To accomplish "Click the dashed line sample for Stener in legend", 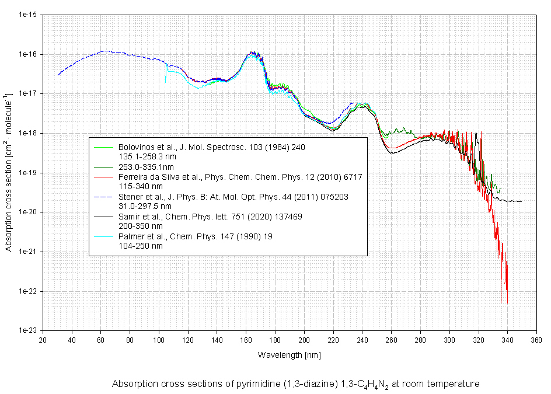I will (103, 197).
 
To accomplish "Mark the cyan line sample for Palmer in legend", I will (103, 236).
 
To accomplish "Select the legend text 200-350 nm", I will (140, 226).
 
